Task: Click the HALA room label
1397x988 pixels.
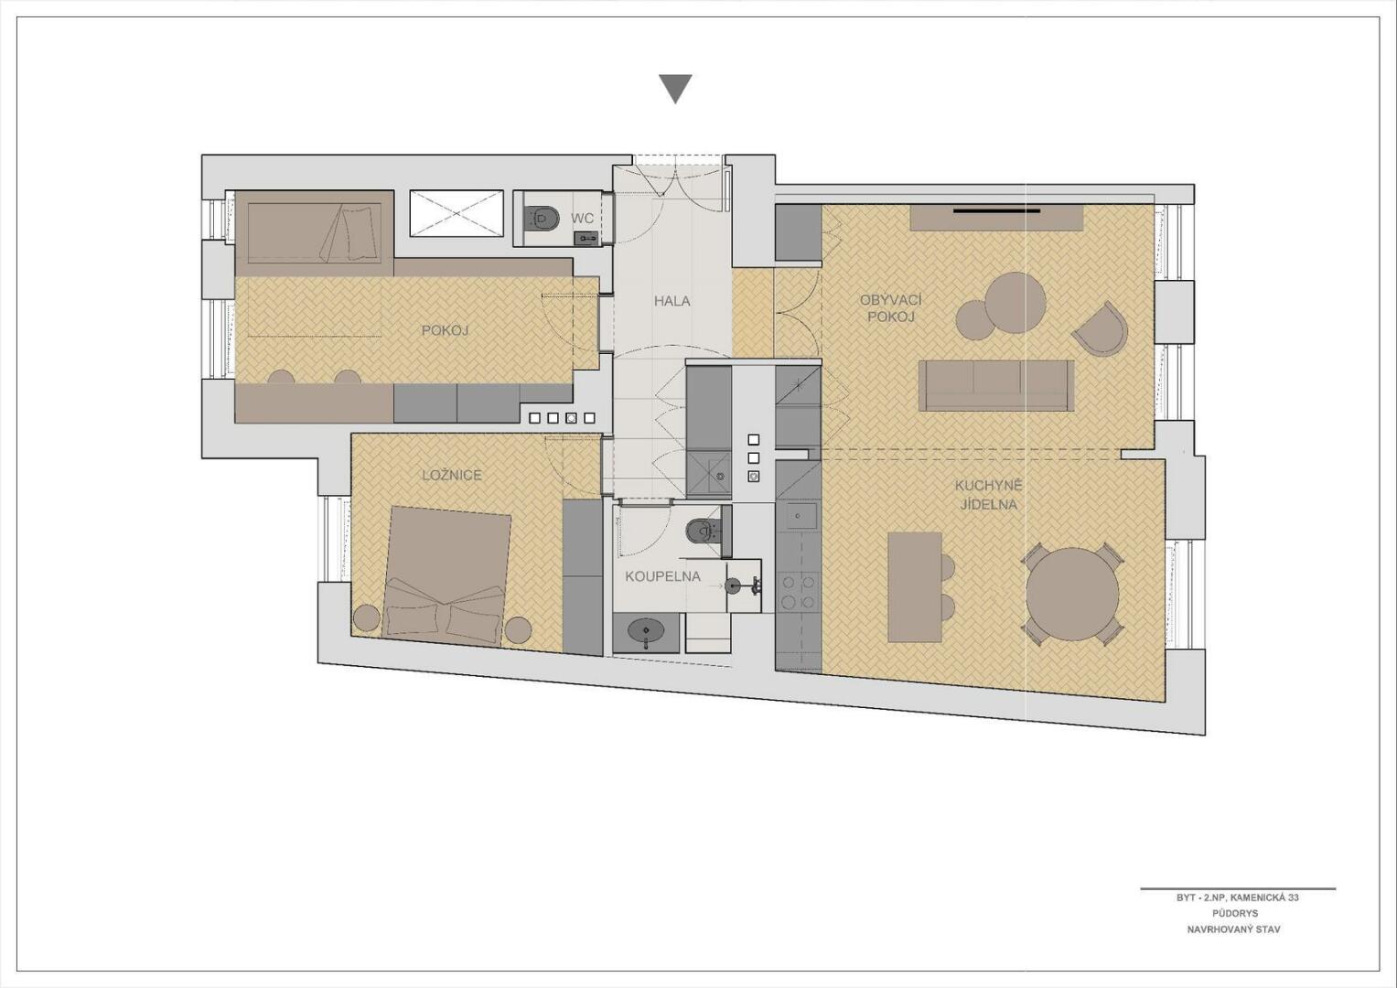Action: click(672, 301)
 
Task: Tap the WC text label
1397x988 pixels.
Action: click(582, 219)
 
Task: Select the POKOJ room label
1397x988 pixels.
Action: click(445, 330)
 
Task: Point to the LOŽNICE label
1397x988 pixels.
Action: click(452, 476)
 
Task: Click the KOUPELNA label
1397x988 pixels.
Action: click(663, 577)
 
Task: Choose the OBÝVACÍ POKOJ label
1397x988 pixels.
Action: click(890, 308)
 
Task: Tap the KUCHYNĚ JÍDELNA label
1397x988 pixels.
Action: click(988, 495)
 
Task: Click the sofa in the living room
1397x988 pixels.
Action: click(996, 385)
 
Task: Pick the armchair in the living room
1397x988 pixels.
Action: click(1102, 328)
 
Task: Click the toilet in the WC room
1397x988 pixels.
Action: click(542, 218)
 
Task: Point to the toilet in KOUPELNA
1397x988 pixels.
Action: click(704, 531)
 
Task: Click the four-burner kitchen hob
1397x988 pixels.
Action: click(799, 592)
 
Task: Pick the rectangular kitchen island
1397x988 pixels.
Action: click(915, 587)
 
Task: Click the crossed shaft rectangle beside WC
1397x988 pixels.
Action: click(457, 214)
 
